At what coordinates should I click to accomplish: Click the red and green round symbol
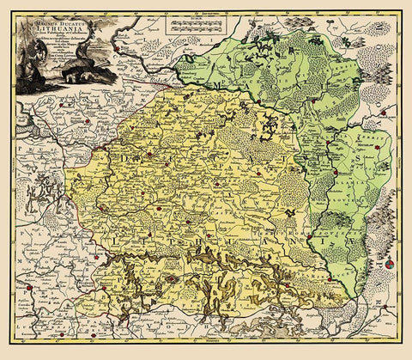point(392,267)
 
